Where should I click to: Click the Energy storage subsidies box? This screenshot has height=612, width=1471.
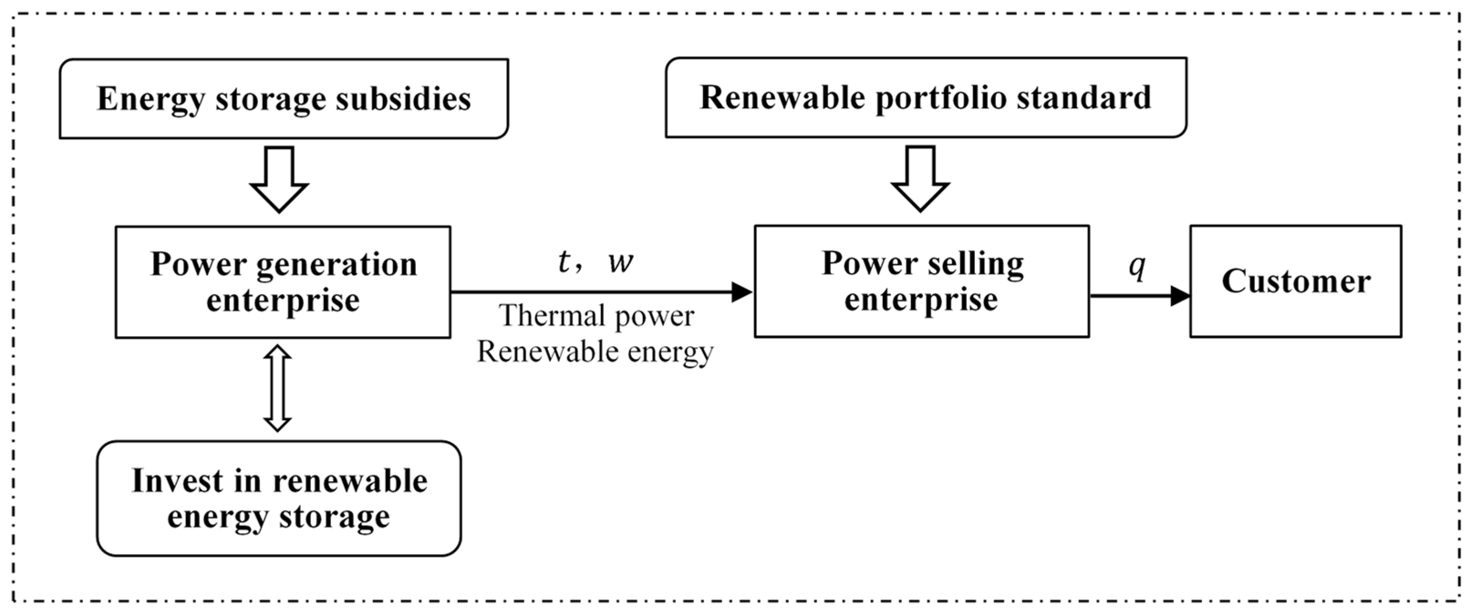click(x=284, y=98)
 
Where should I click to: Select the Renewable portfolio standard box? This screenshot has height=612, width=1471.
click(x=926, y=97)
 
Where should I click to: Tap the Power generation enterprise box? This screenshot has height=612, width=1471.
click(x=283, y=282)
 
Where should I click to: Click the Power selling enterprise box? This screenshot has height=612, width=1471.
click(x=921, y=281)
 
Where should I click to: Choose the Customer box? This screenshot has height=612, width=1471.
click(x=1295, y=281)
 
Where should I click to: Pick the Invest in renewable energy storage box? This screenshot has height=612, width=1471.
click(x=279, y=498)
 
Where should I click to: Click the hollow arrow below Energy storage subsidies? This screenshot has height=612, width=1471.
click(x=279, y=179)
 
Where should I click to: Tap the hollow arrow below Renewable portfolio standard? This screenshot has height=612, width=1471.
click(x=921, y=179)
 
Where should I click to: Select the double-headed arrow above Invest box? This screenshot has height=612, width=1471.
click(x=278, y=388)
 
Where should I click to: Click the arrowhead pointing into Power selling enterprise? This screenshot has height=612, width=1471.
click(x=742, y=292)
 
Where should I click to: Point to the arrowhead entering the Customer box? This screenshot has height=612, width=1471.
click(x=1180, y=296)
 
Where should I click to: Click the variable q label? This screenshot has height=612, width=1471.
click(x=1137, y=266)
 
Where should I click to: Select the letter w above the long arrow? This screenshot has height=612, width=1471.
click(x=621, y=263)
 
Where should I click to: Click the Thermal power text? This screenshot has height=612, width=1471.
click(x=597, y=316)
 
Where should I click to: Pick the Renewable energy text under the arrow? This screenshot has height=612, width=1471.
click(x=595, y=352)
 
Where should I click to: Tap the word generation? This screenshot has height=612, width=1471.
click(x=337, y=265)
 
